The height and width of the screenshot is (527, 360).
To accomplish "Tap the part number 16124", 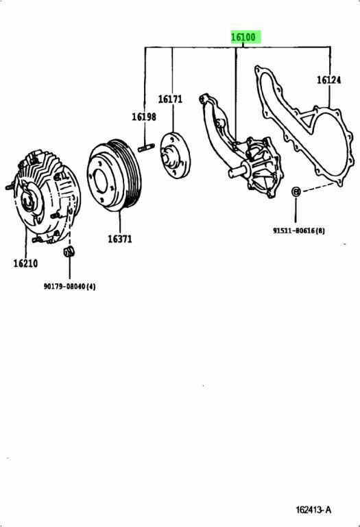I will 328,80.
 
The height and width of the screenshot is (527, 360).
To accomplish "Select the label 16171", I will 170,99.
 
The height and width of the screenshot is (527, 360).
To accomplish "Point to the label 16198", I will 144,117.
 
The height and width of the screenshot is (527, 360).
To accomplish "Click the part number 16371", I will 119,239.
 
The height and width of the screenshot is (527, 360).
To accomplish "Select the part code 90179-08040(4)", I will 69,286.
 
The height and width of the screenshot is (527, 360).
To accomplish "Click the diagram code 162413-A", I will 314,509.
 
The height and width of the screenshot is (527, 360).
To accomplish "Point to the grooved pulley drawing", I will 115,177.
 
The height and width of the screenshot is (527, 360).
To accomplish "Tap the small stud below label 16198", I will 145,148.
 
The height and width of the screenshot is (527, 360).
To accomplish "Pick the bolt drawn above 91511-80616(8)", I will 294,191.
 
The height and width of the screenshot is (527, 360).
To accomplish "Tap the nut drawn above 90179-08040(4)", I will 69,255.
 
